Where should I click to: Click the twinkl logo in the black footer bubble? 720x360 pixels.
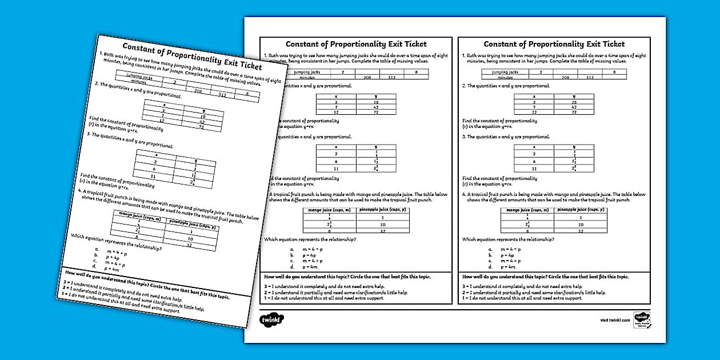[x=271, y=318]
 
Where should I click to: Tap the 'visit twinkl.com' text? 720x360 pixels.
[x=615, y=321]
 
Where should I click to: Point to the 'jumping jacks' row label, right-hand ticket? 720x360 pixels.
[x=505, y=72]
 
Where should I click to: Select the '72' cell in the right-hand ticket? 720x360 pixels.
[x=574, y=112]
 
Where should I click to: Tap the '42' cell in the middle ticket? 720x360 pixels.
[x=375, y=107]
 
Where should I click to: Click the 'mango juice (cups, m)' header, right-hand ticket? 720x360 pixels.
[x=526, y=210]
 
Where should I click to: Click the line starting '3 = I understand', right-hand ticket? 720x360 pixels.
[x=522, y=286]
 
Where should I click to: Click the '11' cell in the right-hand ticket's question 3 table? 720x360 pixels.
[x=534, y=169]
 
